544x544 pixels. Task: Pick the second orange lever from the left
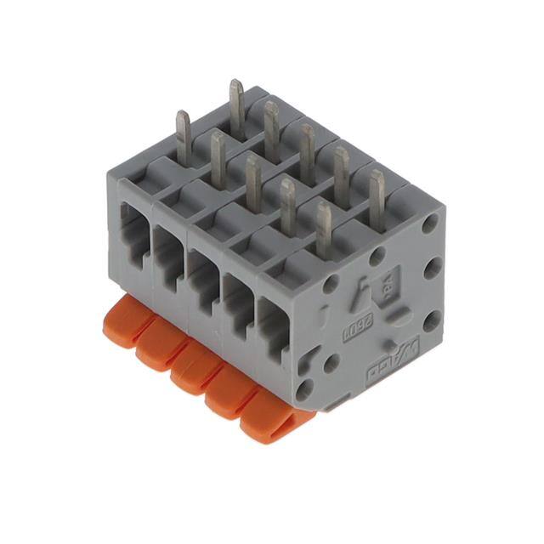pyautogui.click(x=158, y=348)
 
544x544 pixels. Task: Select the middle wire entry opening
pyautogui.click(x=205, y=276)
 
